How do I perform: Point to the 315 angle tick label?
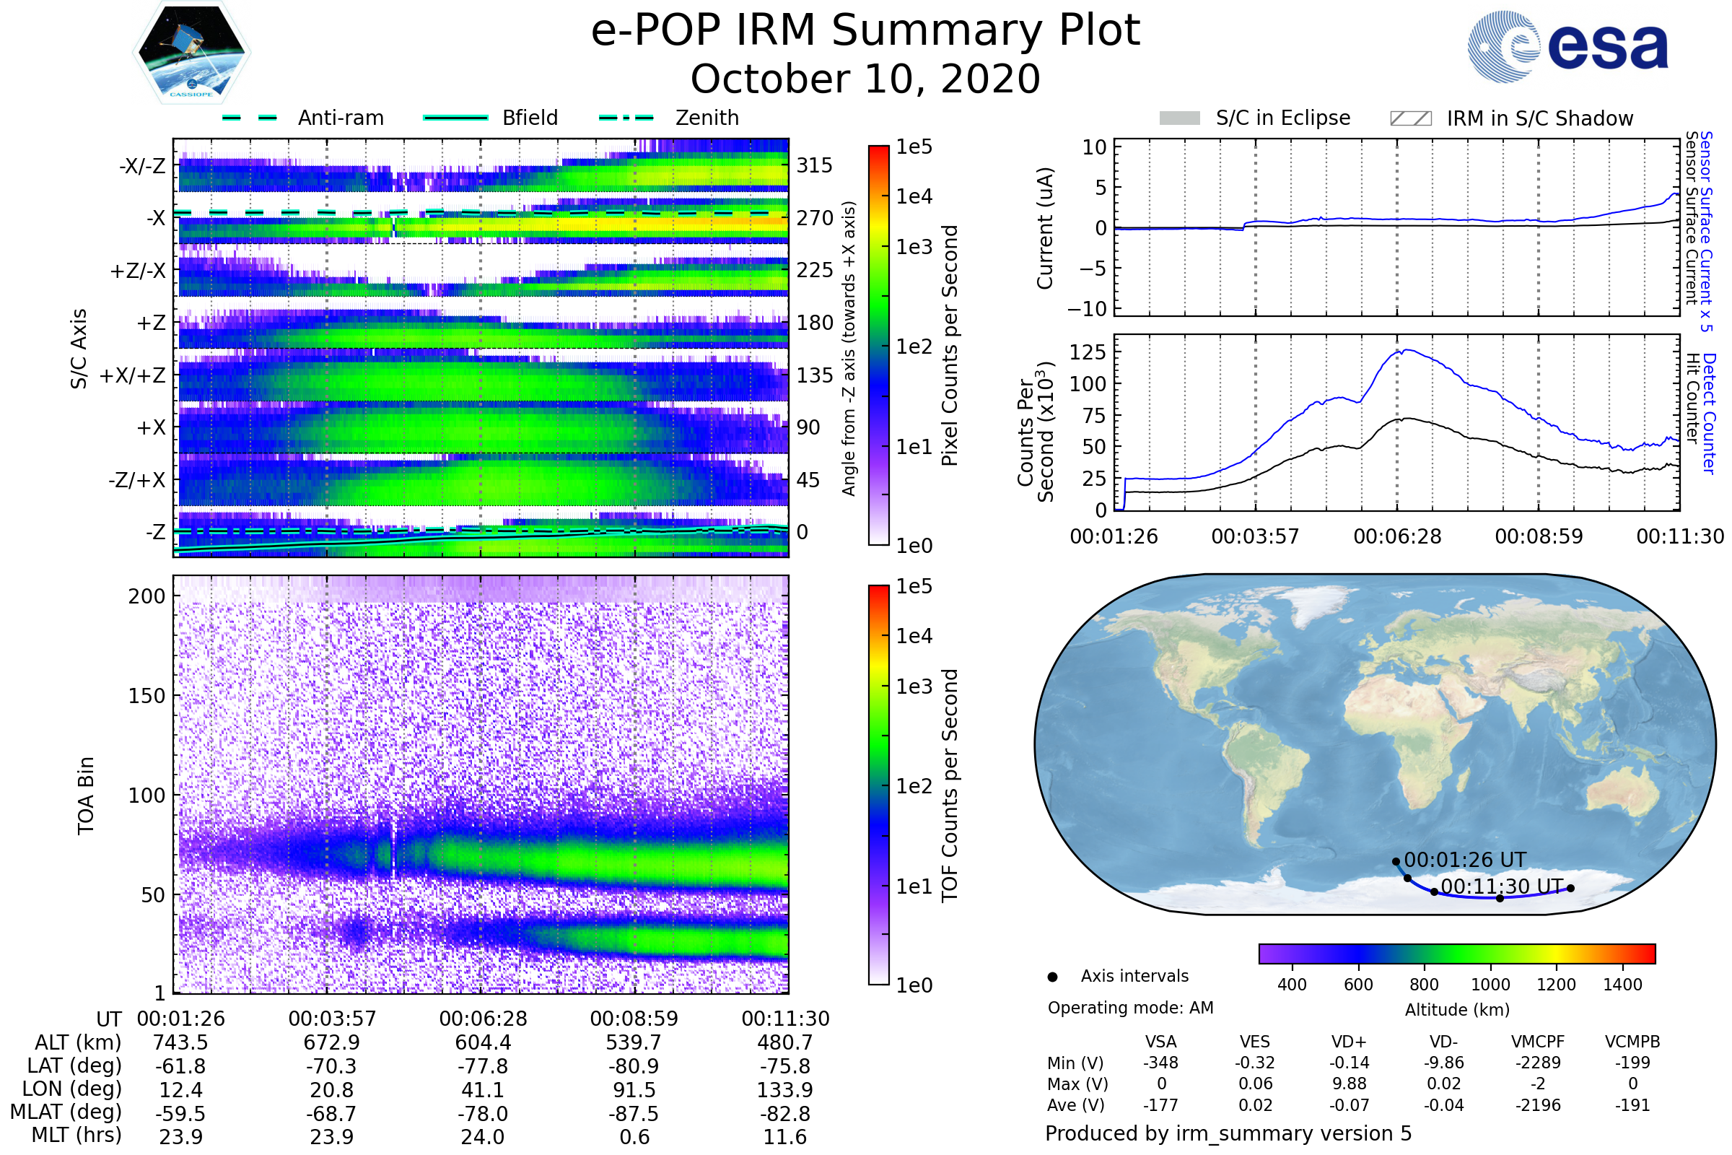pyautogui.click(x=814, y=165)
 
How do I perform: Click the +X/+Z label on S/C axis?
pyautogui.click(x=133, y=375)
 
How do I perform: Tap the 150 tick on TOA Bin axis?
pyautogui.click(x=146, y=696)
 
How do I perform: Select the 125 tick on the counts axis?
pyautogui.click(x=1088, y=352)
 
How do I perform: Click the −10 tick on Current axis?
pyautogui.click(x=1088, y=309)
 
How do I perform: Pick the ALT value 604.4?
pyautogui.click(x=482, y=1042)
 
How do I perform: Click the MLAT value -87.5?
pyautogui.click(x=634, y=1113)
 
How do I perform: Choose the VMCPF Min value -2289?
pyautogui.click(x=1538, y=1063)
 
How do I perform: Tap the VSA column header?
pyautogui.click(x=1160, y=1042)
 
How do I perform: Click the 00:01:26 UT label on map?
pyautogui.click(x=1465, y=860)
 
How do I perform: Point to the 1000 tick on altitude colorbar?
pyautogui.click(x=1490, y=985)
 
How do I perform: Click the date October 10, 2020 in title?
pyautogui.click(x=865, y=79)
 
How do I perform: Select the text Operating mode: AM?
pyautogui.click(x=1130, y=1008)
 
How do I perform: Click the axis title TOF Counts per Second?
pyautogui.click(x=950, y=785)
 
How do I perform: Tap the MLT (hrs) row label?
pyautogui.click(x=76, y=1135)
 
